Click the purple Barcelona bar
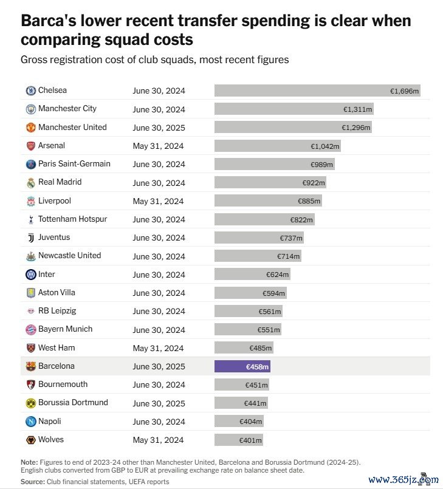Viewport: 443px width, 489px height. pyautogui.click(x=242, y=366)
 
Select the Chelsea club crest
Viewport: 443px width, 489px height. pyautogui.click(x=30, y=91)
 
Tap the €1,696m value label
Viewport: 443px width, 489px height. pyautogui.click(x=404, y=91)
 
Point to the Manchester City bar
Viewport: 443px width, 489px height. pyautogui.click(x=294, y=109)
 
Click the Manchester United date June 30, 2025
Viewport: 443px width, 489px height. pyautogui.click(x=159, y=128)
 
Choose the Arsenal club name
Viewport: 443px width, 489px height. pyautogui.click(x=52, y=146)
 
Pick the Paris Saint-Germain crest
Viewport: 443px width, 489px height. pyautogui.click(x=30, y=164)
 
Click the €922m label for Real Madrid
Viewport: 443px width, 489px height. pyautogui.click(x=314, y=183)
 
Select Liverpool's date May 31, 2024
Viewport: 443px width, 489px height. pyautogui.click(x=158, y=201)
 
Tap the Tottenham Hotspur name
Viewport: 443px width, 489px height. pyautogui.click(x=73, y=219)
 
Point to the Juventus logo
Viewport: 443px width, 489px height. pyautogui.click(x=30, y=238)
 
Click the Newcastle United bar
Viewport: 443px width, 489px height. pyautogui.click(x=258, y=256)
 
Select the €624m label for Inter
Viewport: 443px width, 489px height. pyautogui.click(x=277, y=275)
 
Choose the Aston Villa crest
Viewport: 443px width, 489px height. pyautogui.click(x=30, y=293)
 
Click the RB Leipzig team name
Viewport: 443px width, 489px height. pyautogui.click(x=57, y=311)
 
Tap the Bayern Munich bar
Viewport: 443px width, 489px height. pyautogui.click(x=247, y=330)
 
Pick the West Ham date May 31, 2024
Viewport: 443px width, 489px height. pyautogui.click(x=158, y=348)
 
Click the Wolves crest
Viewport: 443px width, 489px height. pyautogui.click(x=30, y=440)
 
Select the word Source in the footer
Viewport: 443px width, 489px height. pyautogui.click(x=32, y=482)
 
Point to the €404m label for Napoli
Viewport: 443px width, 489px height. pyautogui.click(x=250, y=422)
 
